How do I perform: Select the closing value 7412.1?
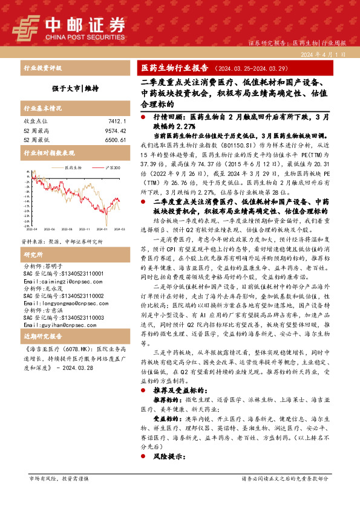[117, 121]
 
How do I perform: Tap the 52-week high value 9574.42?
[114, 130]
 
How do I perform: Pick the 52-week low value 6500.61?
[114, 140]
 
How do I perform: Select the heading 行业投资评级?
[39, 68]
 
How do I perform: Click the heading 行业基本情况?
[39, 109]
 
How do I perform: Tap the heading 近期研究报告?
[39, 334]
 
